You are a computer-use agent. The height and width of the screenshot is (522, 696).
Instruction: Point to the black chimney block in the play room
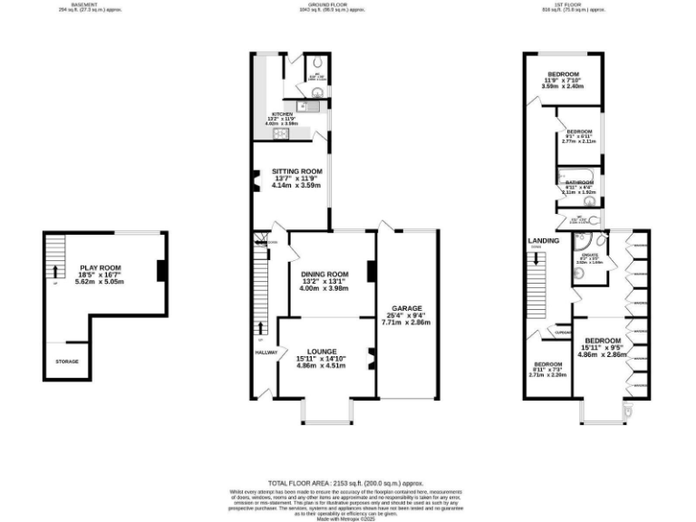[x=160, y=271]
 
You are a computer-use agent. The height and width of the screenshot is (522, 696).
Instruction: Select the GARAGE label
[x=406, y=308]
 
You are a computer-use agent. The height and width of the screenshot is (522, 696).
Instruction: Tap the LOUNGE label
[x=322, y=352]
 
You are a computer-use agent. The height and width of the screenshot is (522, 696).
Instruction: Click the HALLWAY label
[x=266, y=353]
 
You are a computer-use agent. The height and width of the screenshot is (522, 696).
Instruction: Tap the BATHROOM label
[x=579, y=182]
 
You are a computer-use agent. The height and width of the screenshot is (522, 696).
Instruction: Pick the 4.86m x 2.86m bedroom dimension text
[x=603, y=355]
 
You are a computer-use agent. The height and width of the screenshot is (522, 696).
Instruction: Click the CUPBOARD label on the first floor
[x=556, y=333]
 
